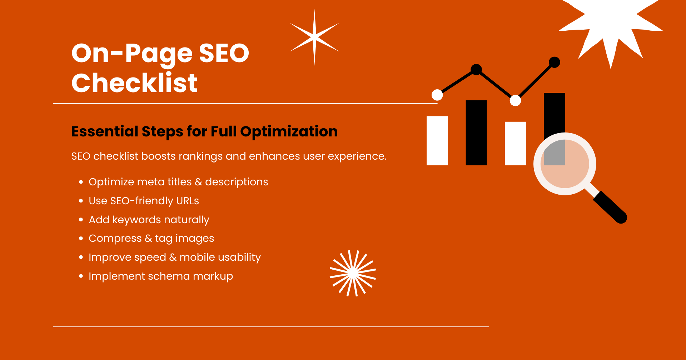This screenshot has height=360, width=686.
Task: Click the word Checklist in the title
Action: tap(134, 83)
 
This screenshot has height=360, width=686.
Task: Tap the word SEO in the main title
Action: tap(224, 54)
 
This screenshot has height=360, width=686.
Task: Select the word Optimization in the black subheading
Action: tap(289, 131)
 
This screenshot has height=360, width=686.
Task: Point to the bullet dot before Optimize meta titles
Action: tap(81, 182)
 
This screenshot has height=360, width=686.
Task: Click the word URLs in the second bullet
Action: tap(187, 201)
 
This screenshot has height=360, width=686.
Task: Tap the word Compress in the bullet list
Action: tap(115, 239)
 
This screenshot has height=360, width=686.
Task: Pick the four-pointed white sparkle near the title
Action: tap(314, 37)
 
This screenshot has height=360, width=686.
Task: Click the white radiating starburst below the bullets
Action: tap(353, 273)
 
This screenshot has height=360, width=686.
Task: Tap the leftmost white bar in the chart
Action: tap(437, 141)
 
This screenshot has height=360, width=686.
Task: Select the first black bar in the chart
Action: tap(476, 132)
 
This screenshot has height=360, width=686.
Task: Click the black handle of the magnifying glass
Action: tap(610, 207)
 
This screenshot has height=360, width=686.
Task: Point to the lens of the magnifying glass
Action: tap(565, 164)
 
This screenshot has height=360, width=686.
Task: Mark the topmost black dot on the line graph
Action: tap(554, 62)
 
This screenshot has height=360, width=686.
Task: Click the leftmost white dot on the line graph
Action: tap(437, 95)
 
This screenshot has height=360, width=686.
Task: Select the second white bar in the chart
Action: tap(515, 143)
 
